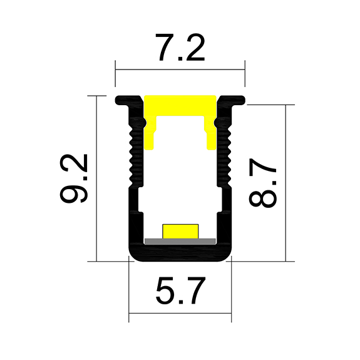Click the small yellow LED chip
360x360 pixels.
(x=180, y=230)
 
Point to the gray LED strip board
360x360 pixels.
(x=180, y=240)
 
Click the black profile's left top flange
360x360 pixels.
(x=128, y=100)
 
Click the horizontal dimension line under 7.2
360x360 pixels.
(x=180, y=69)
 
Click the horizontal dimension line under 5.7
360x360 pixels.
(x=180, y=312)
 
